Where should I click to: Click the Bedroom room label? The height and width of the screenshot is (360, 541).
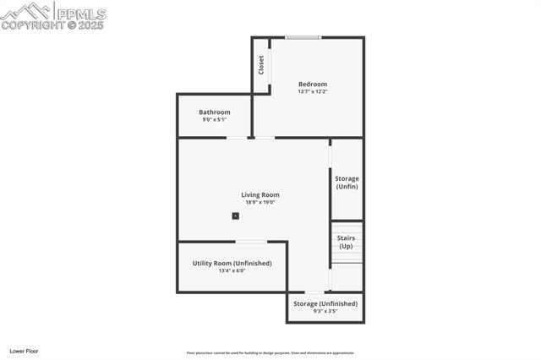(x=312, y=84)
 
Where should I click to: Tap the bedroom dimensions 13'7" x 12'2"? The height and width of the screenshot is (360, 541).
(x=312, y=91)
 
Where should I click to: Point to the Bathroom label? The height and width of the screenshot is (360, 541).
(x=214, y=112)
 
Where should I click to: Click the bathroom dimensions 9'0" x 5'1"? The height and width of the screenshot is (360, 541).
(x=214, y=120)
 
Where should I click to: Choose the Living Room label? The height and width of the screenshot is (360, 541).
(x=260, y=194)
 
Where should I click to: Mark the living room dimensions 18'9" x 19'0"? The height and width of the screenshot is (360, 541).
(x=260, y=202)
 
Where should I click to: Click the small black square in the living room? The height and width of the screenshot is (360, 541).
(x=236, y=215)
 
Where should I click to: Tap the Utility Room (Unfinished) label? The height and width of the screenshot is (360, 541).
(x=232, y=263)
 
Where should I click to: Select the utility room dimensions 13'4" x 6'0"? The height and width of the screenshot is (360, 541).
(x=232, y=270)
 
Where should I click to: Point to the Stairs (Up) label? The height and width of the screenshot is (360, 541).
(x=346, y=242)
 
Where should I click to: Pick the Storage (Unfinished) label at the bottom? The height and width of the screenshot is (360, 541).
(x=325, y=303)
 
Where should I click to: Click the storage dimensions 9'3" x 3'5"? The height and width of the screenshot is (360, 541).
(x=325, y=311)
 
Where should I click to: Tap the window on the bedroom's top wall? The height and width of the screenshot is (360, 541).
(x=303, y=37)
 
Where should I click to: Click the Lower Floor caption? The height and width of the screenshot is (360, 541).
(x=24, y=351)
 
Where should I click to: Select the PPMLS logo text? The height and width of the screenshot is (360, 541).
(x=81, y=14)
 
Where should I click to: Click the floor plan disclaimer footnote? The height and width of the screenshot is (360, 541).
(x=270, y=353)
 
